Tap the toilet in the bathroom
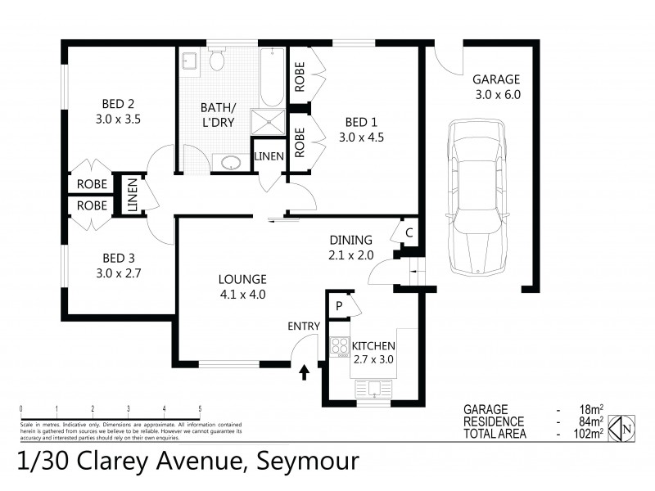[217, 60]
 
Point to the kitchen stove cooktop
[338, 347]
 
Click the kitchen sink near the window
[373, 389]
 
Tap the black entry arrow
[305, 373]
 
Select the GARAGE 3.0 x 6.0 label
[496, 86]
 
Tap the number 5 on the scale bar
[200, 409]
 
